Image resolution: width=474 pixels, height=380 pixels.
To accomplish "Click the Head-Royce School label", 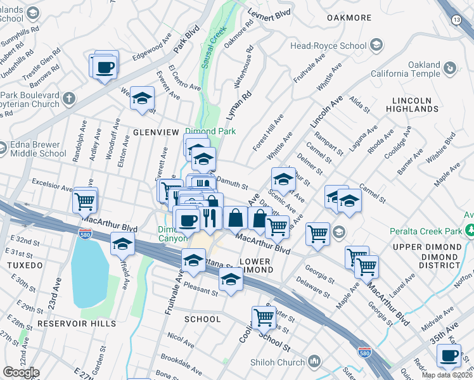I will (328, 46).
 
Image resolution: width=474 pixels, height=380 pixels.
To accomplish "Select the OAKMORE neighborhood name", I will (349, 18).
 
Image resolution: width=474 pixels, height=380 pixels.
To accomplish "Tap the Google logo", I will (21, 372).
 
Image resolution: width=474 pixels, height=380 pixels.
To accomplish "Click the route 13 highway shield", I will (456, 20).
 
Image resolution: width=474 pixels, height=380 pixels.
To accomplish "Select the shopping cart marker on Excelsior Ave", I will (84, 201).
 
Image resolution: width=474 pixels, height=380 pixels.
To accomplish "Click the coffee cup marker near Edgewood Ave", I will (106, 66).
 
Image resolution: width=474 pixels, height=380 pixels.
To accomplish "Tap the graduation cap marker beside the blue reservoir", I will (123, 243).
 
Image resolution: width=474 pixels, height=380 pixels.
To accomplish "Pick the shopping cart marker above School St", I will (263, 317).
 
